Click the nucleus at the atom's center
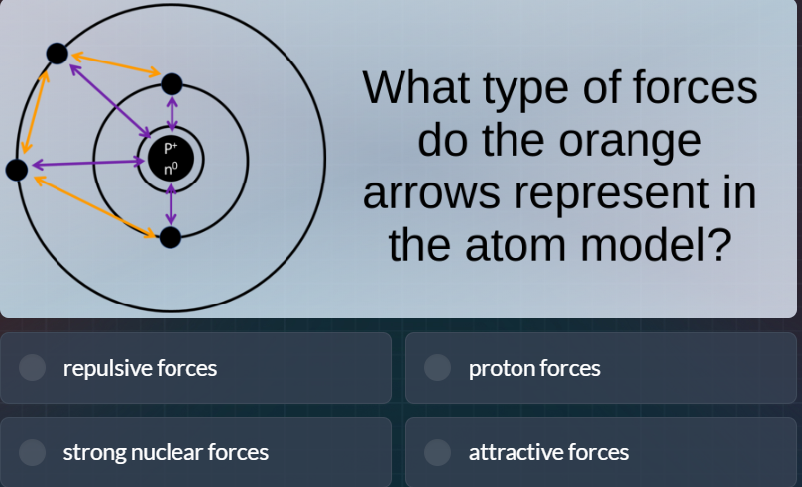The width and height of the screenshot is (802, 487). click(171, 159)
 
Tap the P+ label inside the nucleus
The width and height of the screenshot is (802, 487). click(171, 148)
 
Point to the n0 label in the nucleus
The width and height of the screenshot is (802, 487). click(171, 170)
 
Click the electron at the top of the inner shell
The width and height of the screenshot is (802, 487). click(172, 83)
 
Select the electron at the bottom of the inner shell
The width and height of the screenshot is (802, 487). click(171, 237)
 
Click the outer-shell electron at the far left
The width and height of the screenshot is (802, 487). click(17, 170)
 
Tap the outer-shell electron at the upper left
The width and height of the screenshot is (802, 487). click(57, 53)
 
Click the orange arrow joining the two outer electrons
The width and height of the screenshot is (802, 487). click(36, 111)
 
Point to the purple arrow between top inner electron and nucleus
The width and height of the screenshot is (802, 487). click(172, 113)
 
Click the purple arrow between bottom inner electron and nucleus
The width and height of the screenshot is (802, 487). click(172, 204)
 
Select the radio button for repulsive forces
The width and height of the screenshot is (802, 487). click(33, 368)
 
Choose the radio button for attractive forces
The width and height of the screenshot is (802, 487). click(438, 452)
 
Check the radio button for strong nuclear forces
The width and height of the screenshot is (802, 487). click(33, 452)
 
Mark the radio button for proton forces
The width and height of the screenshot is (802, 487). click(438, 368)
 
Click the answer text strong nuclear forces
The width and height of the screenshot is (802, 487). click(166, 452)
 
